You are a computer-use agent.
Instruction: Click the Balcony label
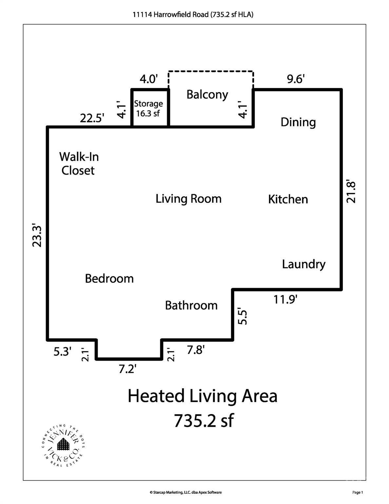pos(207,94)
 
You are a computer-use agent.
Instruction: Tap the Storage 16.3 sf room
pos(148,108)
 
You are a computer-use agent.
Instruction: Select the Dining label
pos(298,122)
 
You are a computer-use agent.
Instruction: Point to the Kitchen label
pos(288,199)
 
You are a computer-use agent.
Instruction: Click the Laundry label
pos(303,264)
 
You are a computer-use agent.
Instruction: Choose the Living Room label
pos(188,199)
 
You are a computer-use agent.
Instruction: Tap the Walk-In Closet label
pos(79,163)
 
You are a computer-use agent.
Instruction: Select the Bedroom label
pos(109,279)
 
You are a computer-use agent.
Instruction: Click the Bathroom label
pos(191,305)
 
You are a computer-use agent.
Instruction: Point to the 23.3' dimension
pos(37,236)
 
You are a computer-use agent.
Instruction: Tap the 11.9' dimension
pos(285,299)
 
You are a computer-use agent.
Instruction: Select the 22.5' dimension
pos(92,118)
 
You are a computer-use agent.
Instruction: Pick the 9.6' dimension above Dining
pos(296,79)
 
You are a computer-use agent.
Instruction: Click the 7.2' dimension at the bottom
pos(127,369)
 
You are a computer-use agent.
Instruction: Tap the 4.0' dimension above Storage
pos(149,79)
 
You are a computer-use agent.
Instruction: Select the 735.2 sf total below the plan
pos(204,421)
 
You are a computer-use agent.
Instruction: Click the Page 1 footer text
pos(358,492)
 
